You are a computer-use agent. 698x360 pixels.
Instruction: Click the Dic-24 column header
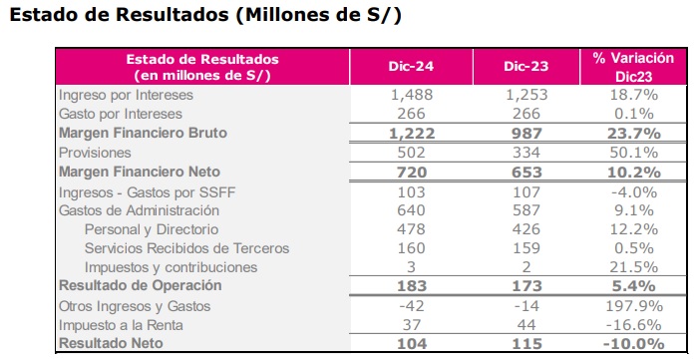[411, 66]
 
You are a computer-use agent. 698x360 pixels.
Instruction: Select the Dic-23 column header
[526, 66]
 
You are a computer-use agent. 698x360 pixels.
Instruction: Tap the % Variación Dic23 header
[633, 67]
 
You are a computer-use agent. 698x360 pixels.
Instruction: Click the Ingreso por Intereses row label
[126, 95]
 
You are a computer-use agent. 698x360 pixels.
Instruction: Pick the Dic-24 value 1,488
[411, 95]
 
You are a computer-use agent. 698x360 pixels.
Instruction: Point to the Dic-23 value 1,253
[526, 95]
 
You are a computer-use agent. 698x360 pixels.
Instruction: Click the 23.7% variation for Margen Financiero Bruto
[634, 133]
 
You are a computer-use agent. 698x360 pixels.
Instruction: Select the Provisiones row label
[95, 153]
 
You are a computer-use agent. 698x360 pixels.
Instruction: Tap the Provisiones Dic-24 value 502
[411, 153]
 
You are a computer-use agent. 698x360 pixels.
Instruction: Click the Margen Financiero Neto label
[140, 172]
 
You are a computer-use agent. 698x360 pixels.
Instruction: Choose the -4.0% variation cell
[634, 192]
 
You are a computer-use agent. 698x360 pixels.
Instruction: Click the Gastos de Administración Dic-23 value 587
[526, 210]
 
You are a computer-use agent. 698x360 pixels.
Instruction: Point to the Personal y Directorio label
[152, 229]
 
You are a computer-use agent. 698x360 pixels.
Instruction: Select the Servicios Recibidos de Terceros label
[187, 248]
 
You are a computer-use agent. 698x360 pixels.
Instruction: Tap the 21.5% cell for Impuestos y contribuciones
[634, 267]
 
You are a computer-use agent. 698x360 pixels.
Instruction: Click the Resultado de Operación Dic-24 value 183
[411, 285]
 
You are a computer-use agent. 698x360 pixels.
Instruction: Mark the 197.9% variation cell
[634, 306]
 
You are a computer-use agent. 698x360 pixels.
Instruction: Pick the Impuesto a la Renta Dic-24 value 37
[411, 325]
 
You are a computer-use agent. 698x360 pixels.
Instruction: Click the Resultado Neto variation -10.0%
[634, 343]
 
